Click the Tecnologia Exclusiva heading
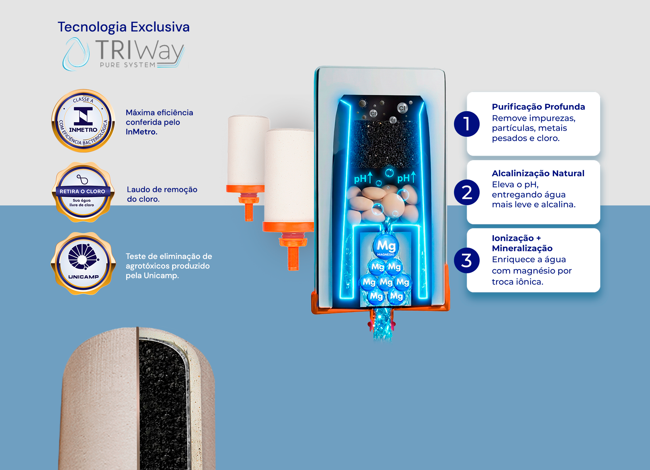(123, 27)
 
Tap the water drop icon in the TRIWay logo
(76, 54)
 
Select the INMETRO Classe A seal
(83, 121)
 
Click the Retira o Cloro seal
(83, 192)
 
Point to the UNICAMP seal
(83, 264)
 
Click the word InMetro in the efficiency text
(141, 132)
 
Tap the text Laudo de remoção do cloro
(162, 194)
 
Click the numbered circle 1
(467, 124)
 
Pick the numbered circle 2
(467, 192)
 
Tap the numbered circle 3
(467, 260)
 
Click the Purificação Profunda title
(538, 107)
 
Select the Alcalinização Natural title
(538, 173)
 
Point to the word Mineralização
(522, 248)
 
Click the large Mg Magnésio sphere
(386, 246)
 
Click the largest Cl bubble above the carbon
(402, 108)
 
